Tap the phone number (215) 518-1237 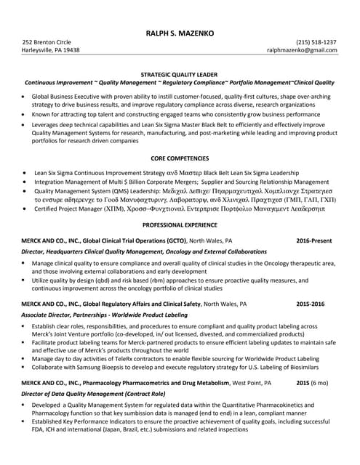pyautogui.click(x=316, y=42)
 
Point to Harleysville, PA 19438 pyautogui.click(x=51, y=51)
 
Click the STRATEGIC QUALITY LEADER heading pyautogui.click(x=179, y=74)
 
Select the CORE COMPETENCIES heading pyautogui.click(x=179, y=158)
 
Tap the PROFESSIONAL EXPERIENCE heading pyautogui.click(x=179, y=226)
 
